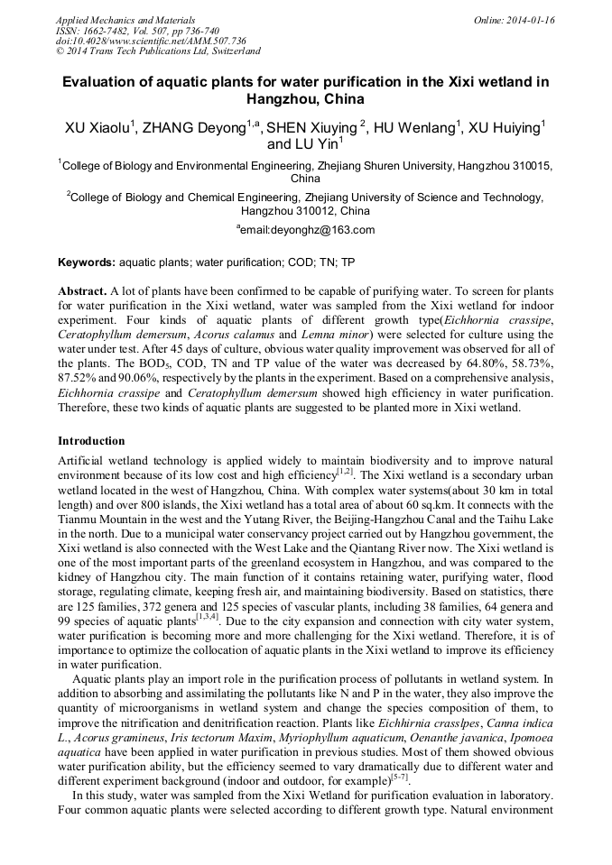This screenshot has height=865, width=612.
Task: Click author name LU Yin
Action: (x=316, y=144)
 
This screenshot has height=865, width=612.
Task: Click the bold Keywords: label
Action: (x=87, y=262)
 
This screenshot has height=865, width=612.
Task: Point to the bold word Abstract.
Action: (x=83, y=292)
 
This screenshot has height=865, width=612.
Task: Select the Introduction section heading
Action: (x=91, y=441)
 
